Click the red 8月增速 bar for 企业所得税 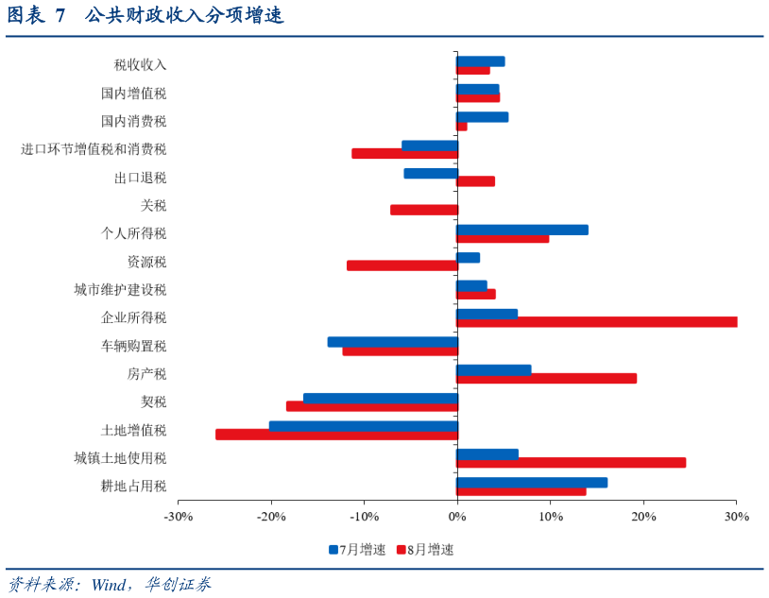[596, 322]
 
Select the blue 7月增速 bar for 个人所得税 [521, 230]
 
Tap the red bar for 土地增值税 [336, 435]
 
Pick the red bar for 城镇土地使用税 [571, 463]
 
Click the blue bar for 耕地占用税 [532, 483]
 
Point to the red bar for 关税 [423, 210]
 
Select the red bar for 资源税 [402, 265]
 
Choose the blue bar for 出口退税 [430, 174]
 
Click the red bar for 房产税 [546, 378]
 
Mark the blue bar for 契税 [380, 399]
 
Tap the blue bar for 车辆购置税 [392, 342]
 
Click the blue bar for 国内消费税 [482, 117]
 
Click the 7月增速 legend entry [357, 549]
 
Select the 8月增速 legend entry [424, 549]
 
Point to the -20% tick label [271, 517]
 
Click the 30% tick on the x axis [737, 517]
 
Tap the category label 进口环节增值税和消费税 [94, 149]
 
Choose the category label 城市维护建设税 [120, 290]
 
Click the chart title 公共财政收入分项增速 [183, 16]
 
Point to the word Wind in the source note [110, 584]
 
